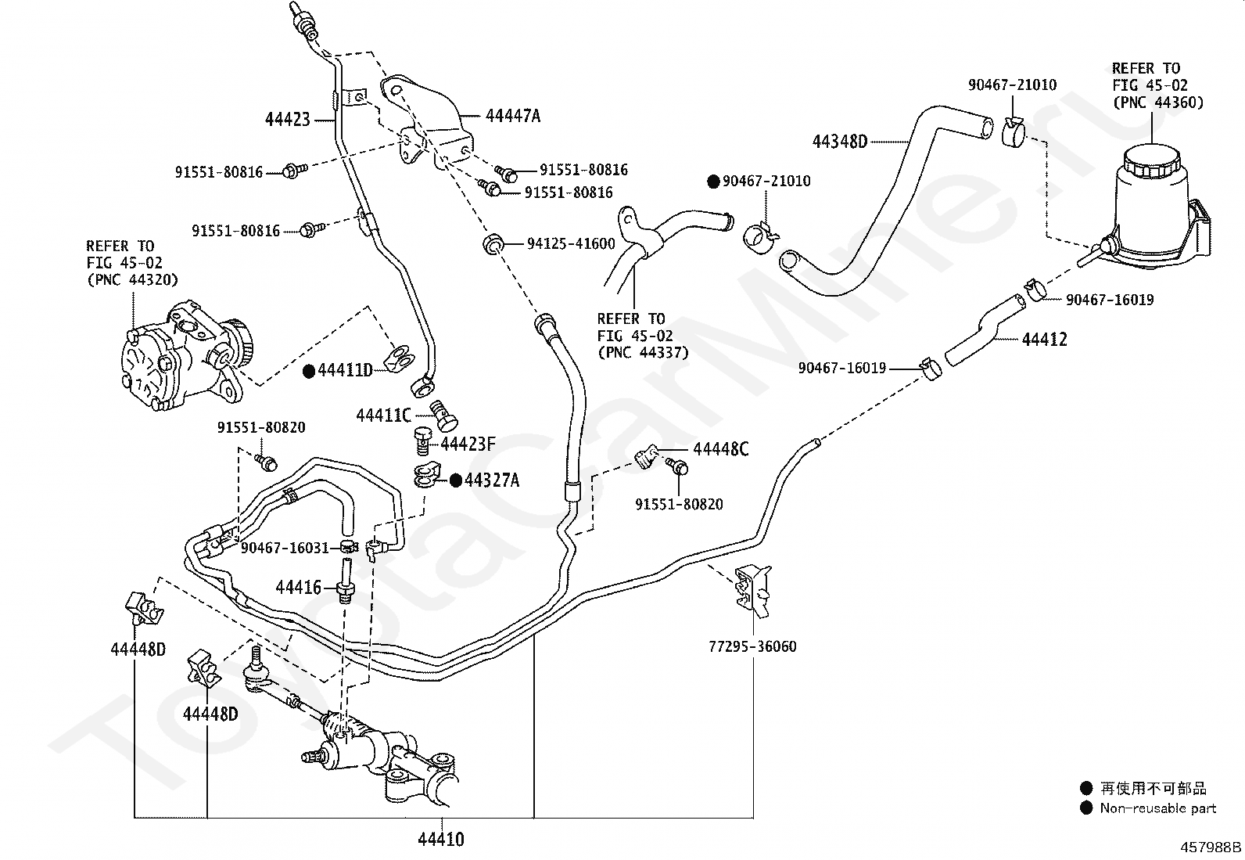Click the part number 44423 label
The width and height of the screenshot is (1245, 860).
point(287,120)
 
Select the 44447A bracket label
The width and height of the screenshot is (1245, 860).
point(512,116)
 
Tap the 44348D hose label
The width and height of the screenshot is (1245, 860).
point(839,142)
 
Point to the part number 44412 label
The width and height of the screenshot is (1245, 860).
point(1044,340)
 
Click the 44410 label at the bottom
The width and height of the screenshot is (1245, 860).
point(440,840)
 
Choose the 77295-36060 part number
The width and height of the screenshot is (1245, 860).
point(752,646)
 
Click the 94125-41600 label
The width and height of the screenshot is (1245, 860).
point(571,244)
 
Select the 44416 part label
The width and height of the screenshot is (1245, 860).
point(298,587)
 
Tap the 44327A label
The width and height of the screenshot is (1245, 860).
point(492,480)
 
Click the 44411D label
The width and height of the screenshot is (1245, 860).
point(345,370)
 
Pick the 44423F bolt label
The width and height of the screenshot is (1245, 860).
point(468,444)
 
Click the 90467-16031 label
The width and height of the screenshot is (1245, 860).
point(285,548)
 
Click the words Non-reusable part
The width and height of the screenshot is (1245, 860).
point(1157,808)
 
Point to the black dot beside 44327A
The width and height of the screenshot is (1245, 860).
point(455,480)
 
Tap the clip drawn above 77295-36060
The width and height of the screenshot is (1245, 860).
point(752,587)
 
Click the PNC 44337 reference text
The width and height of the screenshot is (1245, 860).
point(643,352)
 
